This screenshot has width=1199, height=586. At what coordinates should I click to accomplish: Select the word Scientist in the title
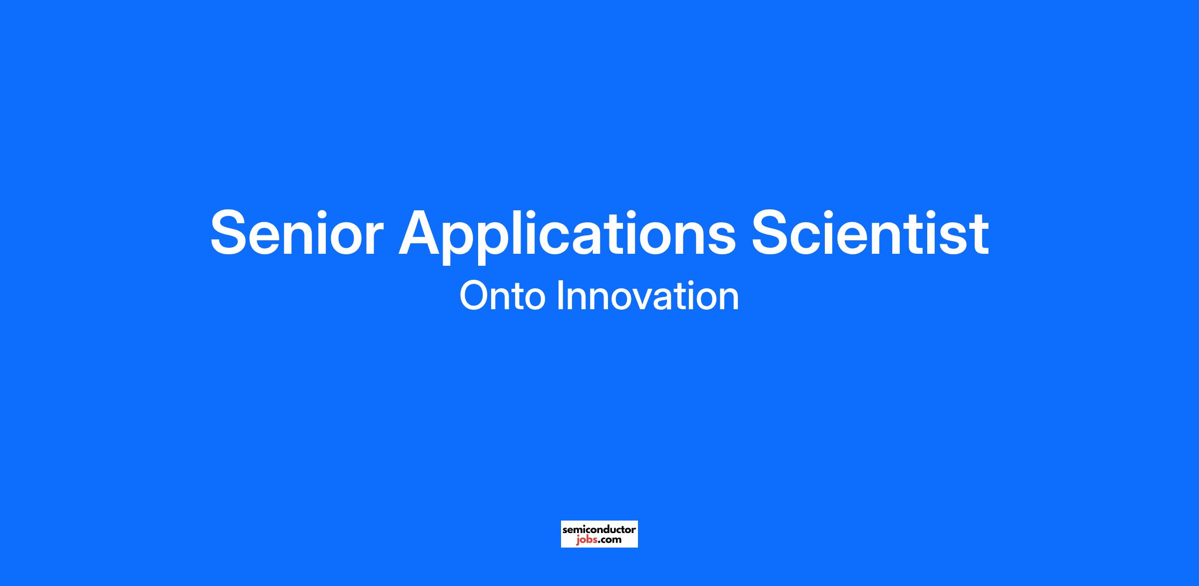point(870,232)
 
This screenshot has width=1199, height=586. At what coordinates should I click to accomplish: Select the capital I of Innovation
point(561,296)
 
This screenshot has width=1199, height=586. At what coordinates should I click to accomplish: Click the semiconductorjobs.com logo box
point(599,534)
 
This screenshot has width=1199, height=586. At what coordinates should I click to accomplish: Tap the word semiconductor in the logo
point(599,529)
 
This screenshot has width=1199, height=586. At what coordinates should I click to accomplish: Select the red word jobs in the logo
point(586,540)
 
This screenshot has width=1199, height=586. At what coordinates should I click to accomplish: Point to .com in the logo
point(609,540)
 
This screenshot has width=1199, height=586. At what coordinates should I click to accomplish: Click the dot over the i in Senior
point(310,213)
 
